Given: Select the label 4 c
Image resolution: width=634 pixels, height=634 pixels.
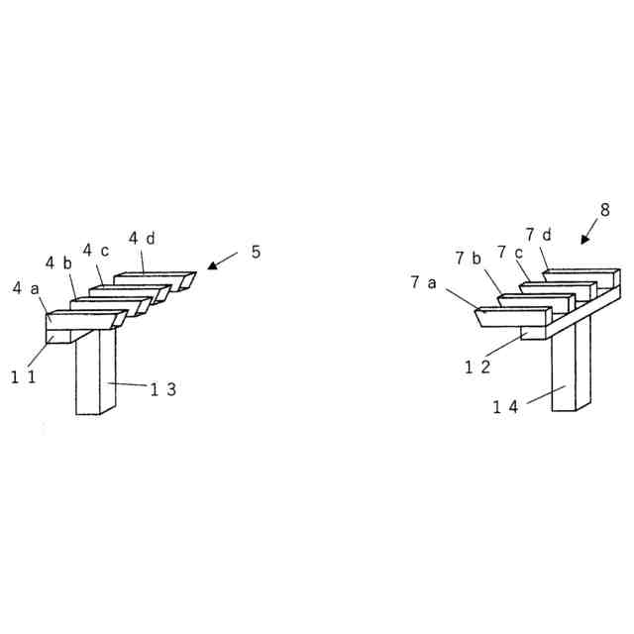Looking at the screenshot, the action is click(x=95, y=250).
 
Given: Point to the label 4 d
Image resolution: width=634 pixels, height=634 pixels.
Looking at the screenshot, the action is click(x=142, y=238).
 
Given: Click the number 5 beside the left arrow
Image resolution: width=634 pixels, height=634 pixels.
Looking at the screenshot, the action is click(x=256, y=252).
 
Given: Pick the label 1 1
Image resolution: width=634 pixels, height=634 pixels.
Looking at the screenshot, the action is click(x=23, y=376).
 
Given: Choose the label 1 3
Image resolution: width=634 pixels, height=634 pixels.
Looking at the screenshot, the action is click(x=163, y=389).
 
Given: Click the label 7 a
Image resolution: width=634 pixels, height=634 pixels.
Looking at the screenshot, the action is click(x=423, y=282).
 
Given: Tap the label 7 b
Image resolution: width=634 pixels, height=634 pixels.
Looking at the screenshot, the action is click(x=468, y=259).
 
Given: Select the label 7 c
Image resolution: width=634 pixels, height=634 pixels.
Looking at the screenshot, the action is click(x=509, y=252).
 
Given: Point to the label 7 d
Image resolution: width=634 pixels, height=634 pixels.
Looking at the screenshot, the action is click(x=539, y=235).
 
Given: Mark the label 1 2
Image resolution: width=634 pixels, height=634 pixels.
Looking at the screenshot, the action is click(x=477, y=366).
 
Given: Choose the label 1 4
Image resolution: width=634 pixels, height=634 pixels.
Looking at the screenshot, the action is click(x=505, y=407).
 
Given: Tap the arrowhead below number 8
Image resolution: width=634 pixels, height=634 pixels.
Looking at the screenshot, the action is click(x=584, y=239).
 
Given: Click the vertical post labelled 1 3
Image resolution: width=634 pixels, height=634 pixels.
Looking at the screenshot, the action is click(x=96, y=376).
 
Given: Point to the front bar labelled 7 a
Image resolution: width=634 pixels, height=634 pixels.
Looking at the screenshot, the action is click(x=511, y=317).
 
